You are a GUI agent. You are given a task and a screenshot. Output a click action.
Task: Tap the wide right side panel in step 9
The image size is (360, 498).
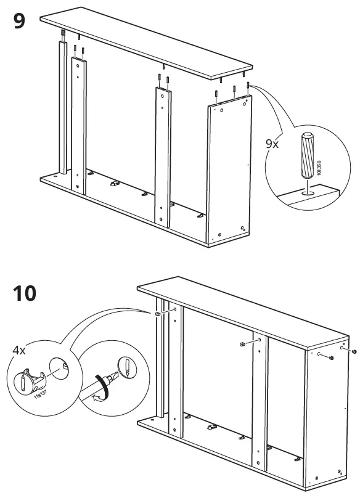point(229,173)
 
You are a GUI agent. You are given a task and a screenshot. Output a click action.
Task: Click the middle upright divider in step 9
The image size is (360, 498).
point(162,154)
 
